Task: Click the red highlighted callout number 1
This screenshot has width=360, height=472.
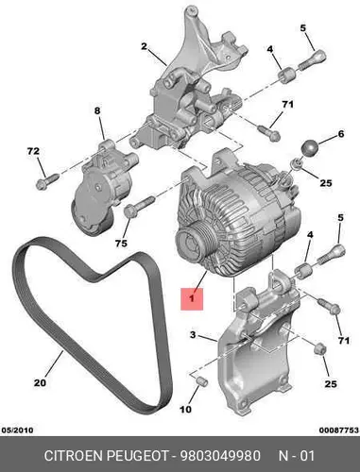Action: [192, 298]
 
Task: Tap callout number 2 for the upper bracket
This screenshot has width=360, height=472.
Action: [144, 46]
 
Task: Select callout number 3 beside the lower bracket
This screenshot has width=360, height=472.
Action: [193, 335]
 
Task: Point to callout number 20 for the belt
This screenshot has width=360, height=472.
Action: [41, 382]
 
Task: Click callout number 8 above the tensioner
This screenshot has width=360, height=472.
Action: [97, 110]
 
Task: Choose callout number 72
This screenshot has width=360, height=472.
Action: [33, 151]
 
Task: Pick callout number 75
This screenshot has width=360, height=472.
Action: [121, 243]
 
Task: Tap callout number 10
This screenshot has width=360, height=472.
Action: [186, 409]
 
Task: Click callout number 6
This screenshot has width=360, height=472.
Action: [341, 134]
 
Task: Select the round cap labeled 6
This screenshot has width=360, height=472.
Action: [311, 148]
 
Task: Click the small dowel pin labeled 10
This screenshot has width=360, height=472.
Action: [201, 382]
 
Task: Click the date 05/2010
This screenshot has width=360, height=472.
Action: [17, 430]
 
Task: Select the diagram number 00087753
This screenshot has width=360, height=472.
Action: [339, 430]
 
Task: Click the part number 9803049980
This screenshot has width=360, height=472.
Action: [220, 456]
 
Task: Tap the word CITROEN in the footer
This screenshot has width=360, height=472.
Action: [74, 456]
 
